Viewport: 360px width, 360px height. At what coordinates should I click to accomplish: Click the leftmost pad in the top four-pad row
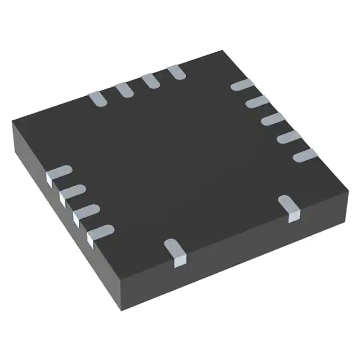pyautogui.click(x=97, y=99)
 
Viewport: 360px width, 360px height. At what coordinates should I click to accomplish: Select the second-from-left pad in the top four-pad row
pyautogui.click(x=123, y=89)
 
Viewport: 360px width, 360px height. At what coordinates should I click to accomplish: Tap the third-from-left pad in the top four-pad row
pyautogui.click(x=150, y=80)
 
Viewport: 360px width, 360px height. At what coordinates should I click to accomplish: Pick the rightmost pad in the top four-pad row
pyautogui.click(x=175, y=71)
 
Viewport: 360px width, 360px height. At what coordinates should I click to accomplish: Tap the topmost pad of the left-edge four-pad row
pyautogui.click(x=58, y=173)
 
